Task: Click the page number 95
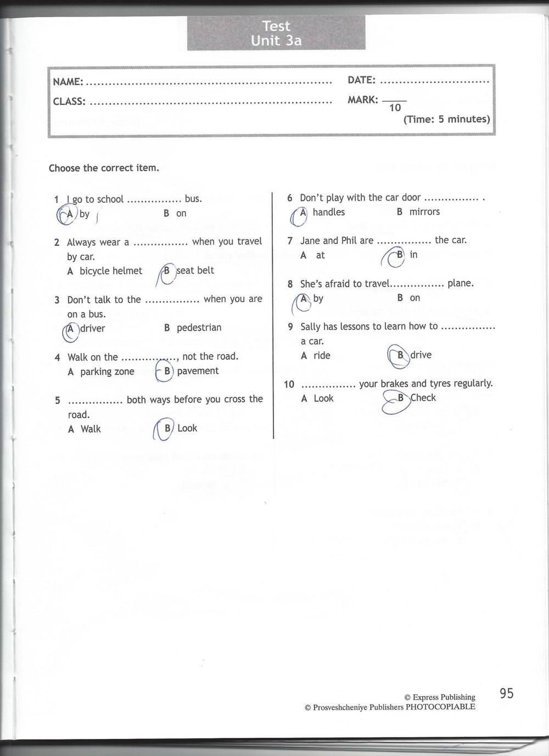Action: coord(506,693)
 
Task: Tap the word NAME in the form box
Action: coord(68,82)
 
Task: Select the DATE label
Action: coord(361,80)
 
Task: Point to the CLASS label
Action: coord(69,102)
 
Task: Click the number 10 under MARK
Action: coord(395,108)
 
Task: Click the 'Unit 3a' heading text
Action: coord(276,41)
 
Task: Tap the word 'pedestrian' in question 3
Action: coord(199,328)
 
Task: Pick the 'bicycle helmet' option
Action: coord(110,271)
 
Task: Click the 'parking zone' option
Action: coord(107,372)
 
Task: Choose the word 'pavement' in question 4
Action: coord(198,371)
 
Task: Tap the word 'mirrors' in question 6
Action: coord(424,212)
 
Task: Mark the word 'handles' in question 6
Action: coord(328,212)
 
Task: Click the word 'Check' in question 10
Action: coord(423,398)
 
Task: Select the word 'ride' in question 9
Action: coord(322,356)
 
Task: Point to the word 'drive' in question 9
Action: coord(421,355)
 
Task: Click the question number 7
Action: coord(290,241)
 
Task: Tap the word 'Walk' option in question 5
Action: coord(91,429)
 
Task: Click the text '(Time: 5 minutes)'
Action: coord(446,119)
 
